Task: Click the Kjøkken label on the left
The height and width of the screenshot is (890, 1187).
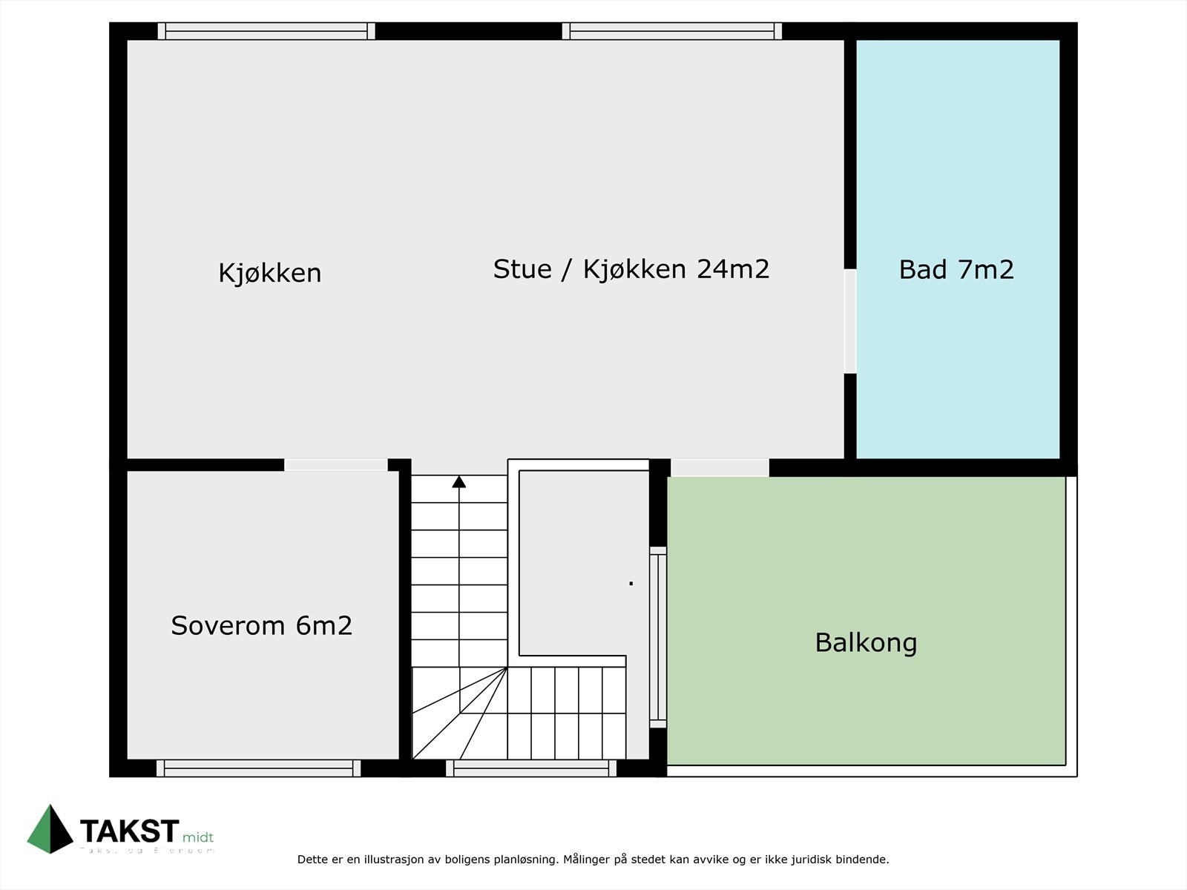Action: pos(269,273)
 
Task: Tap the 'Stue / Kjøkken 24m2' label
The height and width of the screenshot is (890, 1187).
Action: pos(631,268)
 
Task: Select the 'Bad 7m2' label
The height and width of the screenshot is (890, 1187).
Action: pos(956,269)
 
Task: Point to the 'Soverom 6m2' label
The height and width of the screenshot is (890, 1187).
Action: pos(261,625)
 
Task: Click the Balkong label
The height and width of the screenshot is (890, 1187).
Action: pos(866,642)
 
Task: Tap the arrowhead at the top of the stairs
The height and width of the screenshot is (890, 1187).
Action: pos(459,482)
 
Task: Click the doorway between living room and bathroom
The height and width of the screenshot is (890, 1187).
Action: pos(850,320)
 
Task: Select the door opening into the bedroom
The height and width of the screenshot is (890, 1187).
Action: pos(335,465)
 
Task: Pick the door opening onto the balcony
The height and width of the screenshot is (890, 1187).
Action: pos(719,467)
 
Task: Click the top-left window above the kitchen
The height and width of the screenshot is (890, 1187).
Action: pos(266,31)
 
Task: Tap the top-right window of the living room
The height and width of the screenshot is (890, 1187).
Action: pos(671,31)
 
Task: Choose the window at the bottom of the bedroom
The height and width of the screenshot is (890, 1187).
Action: pos(258,768)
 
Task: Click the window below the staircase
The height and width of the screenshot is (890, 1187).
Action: pos(530,768)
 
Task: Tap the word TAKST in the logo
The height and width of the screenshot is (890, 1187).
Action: pos(129,831)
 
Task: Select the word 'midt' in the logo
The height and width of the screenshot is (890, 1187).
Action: pos(198,837)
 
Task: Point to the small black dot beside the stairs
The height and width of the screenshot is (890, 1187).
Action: pos(631,584)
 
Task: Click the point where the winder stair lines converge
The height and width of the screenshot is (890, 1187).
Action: pos(507,667)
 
